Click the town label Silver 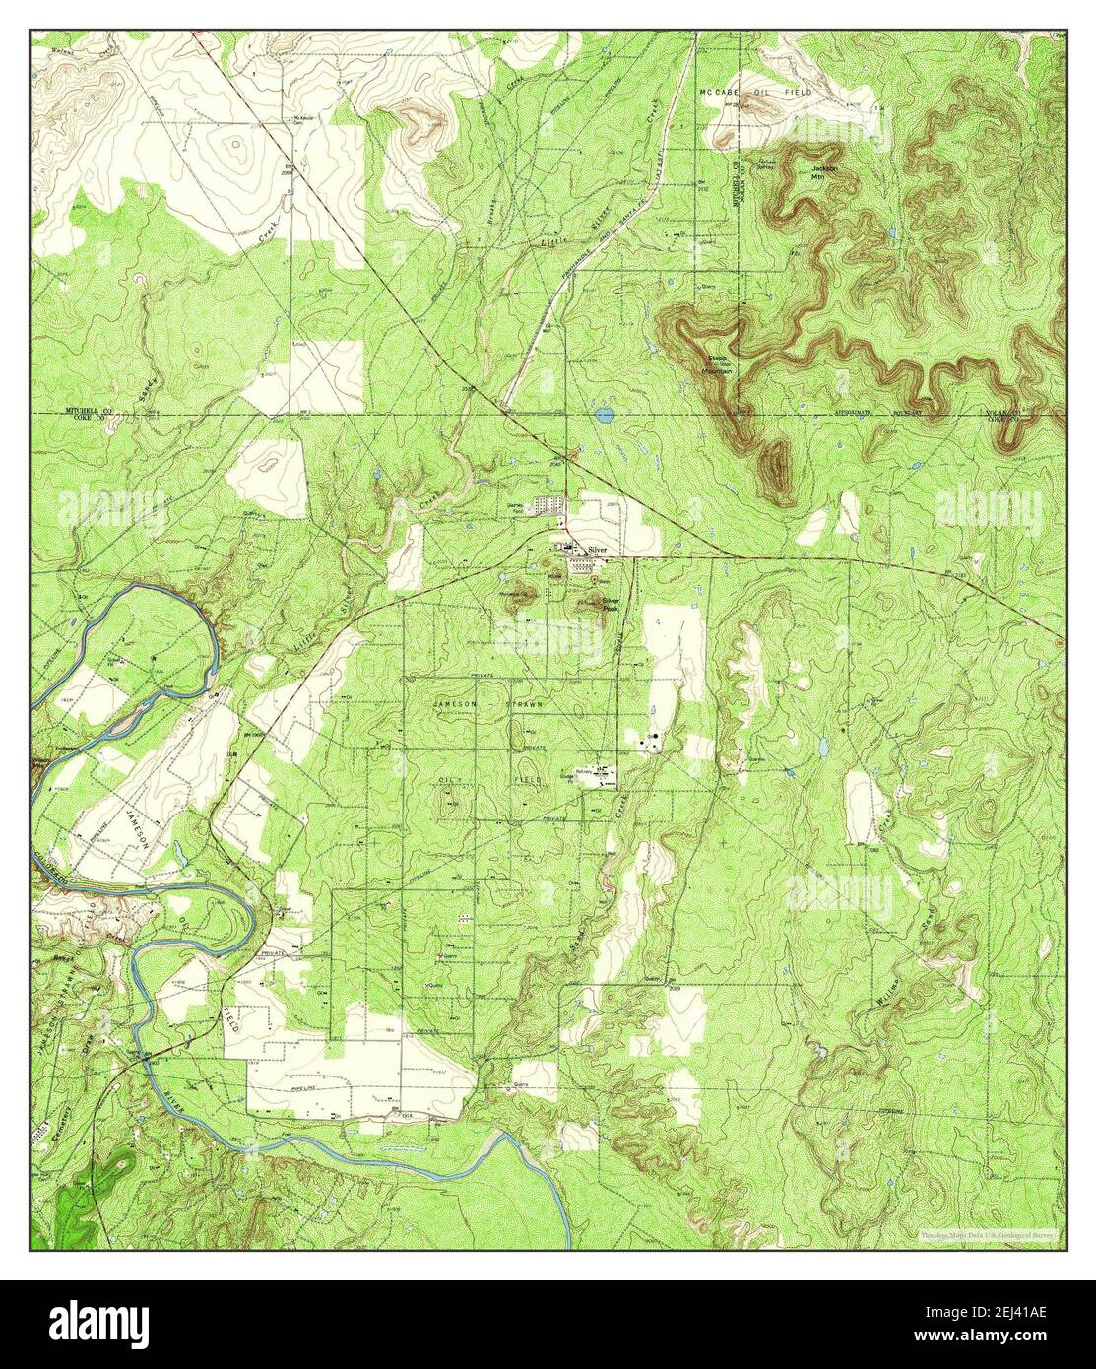pyautogui.click(x=598, y=550)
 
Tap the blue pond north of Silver pyautogui.click(x=604, y=415)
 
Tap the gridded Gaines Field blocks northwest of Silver pyautogui.click(x=548, y=505)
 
